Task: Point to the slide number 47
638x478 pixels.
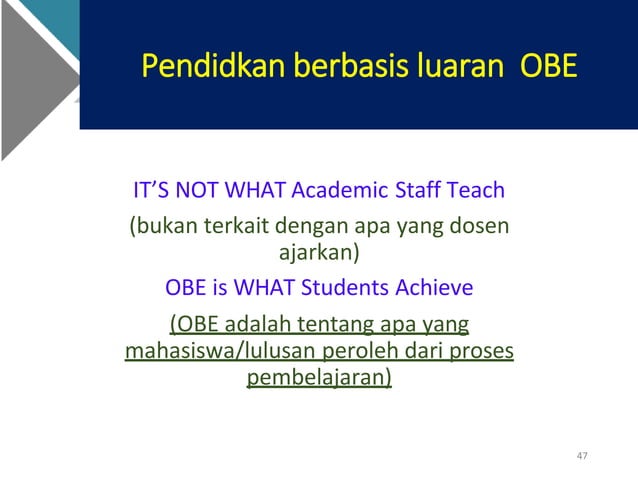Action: pos(582,457)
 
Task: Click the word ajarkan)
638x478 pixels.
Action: pos(318,252)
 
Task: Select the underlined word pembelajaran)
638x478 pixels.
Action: pos(319,379)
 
